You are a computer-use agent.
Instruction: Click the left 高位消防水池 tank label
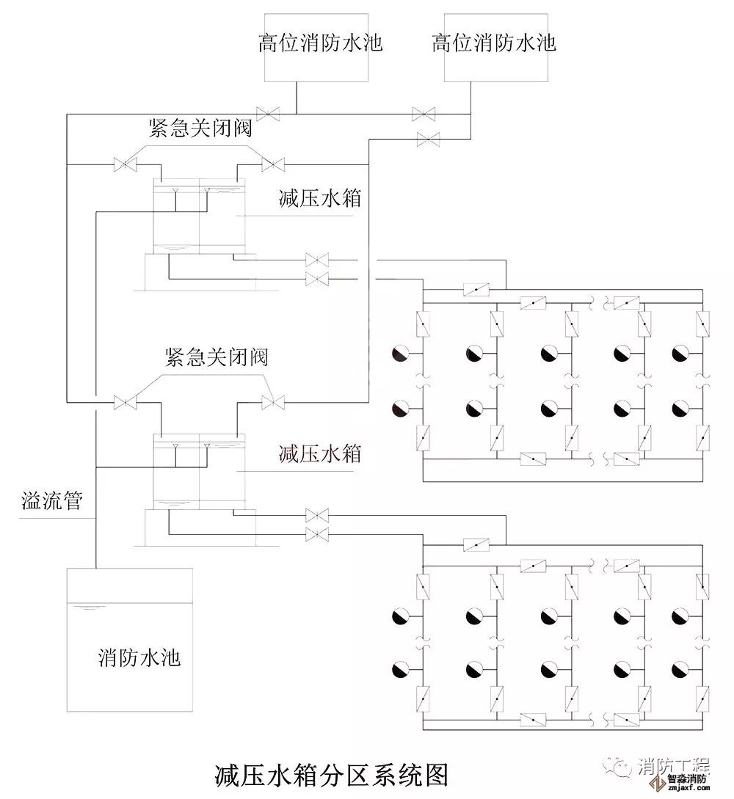320,43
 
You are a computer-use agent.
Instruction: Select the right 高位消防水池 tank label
494,43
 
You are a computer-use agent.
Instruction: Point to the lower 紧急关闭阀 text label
217,358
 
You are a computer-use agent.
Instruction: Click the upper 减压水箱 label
320,198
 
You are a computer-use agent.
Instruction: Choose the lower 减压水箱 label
320,453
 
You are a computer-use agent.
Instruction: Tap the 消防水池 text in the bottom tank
139,657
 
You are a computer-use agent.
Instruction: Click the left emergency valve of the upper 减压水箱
125,164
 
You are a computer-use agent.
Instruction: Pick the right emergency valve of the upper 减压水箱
273,164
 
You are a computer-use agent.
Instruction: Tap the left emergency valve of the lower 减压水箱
125,402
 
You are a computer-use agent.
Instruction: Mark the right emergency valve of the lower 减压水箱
273,402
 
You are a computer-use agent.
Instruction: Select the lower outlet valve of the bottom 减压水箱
317,533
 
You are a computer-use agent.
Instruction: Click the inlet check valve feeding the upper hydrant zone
476,290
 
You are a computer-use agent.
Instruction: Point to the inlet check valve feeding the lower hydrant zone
476,545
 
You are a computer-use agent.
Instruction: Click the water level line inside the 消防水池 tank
89,607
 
